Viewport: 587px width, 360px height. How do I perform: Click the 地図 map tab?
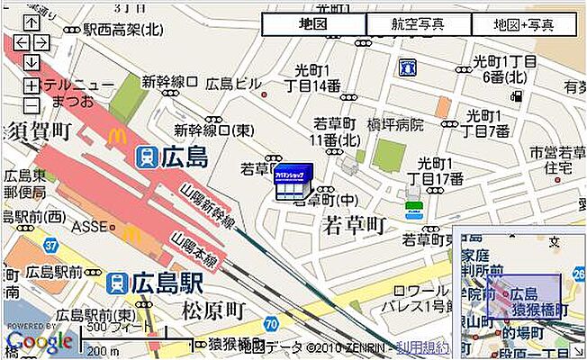click(x=313, y=24)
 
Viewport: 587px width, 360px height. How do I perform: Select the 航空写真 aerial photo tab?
click(x=418, y=24)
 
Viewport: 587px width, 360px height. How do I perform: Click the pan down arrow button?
click(x=32, y=63)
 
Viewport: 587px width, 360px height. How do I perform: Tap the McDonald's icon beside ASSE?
click(x=131, y=234)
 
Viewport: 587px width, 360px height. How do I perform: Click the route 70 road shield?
click(x=271, y=323)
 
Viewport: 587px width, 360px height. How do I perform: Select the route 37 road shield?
click(x=50, y=245)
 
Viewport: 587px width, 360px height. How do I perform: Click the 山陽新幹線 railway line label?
click(x=207, y=208)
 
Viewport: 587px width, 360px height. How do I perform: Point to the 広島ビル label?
click(x=232, y=84)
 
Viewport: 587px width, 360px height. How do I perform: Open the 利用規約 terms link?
click(x=424, y=346)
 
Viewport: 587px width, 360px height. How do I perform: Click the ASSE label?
click(x=89, y=225)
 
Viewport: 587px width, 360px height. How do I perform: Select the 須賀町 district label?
click(x=38, y=131)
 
